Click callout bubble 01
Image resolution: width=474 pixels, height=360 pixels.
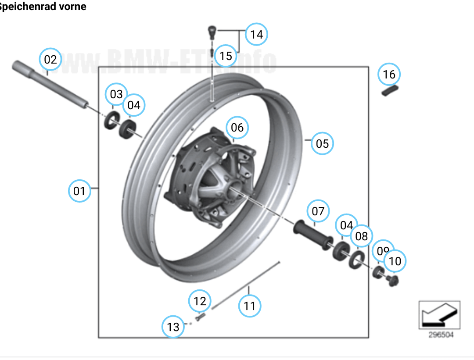pos(79,191)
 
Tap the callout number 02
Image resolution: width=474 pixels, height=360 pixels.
pos(50,60)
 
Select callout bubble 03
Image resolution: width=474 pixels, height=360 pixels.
pos(116,94)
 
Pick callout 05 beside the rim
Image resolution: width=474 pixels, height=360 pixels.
pos(322,143)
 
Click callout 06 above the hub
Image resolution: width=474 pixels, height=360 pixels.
pos(237,128)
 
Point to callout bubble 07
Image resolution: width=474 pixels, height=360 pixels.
pos(318,211)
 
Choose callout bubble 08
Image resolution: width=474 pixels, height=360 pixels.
pos(361,236)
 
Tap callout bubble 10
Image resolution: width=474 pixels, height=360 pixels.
pos(395,261)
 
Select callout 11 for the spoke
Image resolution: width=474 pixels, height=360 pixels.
pos(249,305)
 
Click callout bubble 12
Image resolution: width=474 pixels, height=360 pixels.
pos(200,301)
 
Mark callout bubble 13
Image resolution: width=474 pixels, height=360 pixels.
pos(173,327)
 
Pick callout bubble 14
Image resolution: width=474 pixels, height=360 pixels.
pos(256,34)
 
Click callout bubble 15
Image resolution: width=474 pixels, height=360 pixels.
pos(226,56)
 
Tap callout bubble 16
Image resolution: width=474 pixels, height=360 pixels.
pos(389,75)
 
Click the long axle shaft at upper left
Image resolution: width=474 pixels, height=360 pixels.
pos(48,83)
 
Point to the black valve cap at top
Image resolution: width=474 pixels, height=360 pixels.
pos(212,31)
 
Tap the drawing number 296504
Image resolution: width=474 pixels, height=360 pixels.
pos(441,335)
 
